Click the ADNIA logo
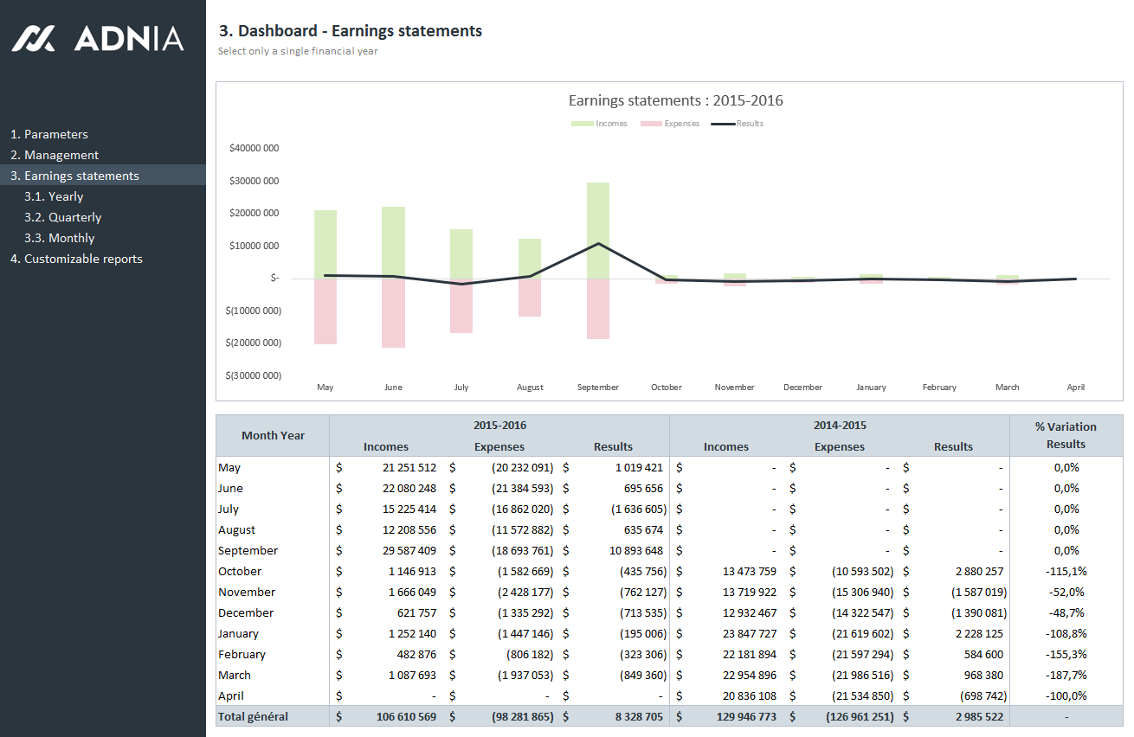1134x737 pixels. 98,38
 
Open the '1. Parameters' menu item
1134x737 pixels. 49,134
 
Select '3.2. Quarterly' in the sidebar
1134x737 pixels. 63,217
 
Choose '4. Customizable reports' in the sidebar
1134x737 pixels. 76,259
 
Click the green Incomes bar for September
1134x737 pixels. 598,230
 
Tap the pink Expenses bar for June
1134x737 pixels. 393,313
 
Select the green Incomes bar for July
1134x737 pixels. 461,254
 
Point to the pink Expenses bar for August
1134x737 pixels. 530,298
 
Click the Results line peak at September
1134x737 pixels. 598,244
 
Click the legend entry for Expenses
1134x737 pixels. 670,124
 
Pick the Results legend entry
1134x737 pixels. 738,124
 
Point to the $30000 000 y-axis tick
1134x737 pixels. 255,181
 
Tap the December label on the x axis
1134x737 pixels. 802,387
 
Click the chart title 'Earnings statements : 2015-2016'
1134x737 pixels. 675,100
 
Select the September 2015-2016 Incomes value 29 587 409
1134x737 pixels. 409,550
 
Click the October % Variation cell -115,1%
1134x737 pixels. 1066,571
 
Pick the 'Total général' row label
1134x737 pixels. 253,716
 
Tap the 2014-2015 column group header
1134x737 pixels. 840,425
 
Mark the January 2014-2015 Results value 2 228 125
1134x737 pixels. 979,633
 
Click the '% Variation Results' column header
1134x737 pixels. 1066,435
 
